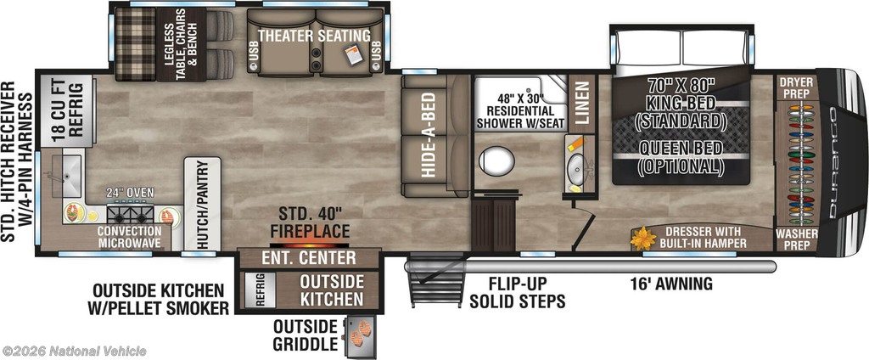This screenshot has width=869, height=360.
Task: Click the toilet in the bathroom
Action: [x=496, y=160]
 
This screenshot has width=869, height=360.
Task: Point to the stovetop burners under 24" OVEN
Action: [x=129, y=213]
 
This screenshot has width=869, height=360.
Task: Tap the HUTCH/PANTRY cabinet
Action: [x=202, y=204]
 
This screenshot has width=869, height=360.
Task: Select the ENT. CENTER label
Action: [x=309, y=257]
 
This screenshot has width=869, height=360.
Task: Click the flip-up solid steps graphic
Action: [x=437, y=281]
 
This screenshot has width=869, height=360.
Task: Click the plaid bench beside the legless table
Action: [x=136, y=44]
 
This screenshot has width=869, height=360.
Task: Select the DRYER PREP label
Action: [x=796, y=87]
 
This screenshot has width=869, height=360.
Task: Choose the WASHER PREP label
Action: [x=796, y=239]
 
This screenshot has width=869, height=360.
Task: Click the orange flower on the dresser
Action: [x=644, y=239]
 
